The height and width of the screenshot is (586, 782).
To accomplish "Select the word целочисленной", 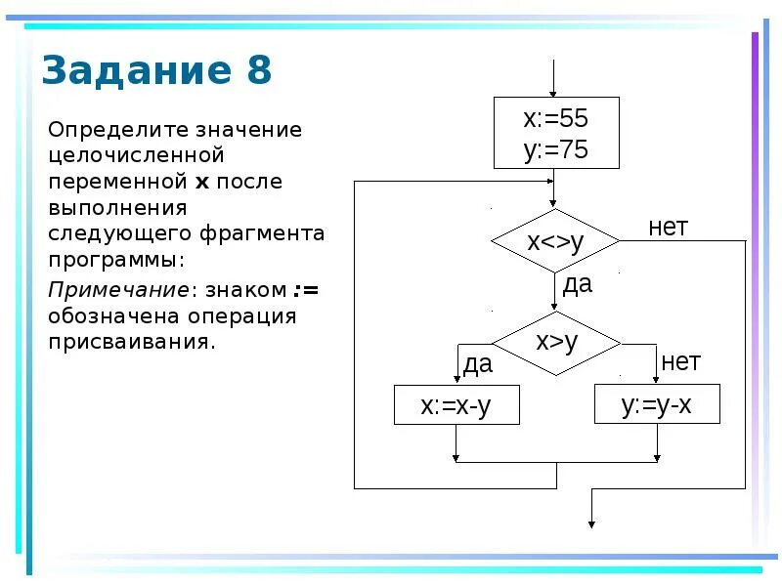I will point(137,155).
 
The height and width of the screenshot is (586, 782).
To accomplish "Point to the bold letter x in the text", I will point(202,182).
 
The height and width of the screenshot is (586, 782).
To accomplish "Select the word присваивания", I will point(130,342).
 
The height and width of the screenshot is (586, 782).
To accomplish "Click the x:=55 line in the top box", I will point(556,119).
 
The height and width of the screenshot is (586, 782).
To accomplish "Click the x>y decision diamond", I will point(556,342).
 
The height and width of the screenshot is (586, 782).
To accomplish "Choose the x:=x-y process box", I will point(456,405).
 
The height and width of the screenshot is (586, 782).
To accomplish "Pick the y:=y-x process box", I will point(657,404).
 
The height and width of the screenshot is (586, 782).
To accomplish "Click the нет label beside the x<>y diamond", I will point(669,228).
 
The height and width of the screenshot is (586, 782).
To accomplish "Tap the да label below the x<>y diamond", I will point(577,284).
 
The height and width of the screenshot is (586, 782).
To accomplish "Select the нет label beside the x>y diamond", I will point(680,362).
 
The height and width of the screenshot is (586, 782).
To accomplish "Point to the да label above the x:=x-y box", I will point(477,365).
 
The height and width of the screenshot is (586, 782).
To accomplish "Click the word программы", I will point(115,262).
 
